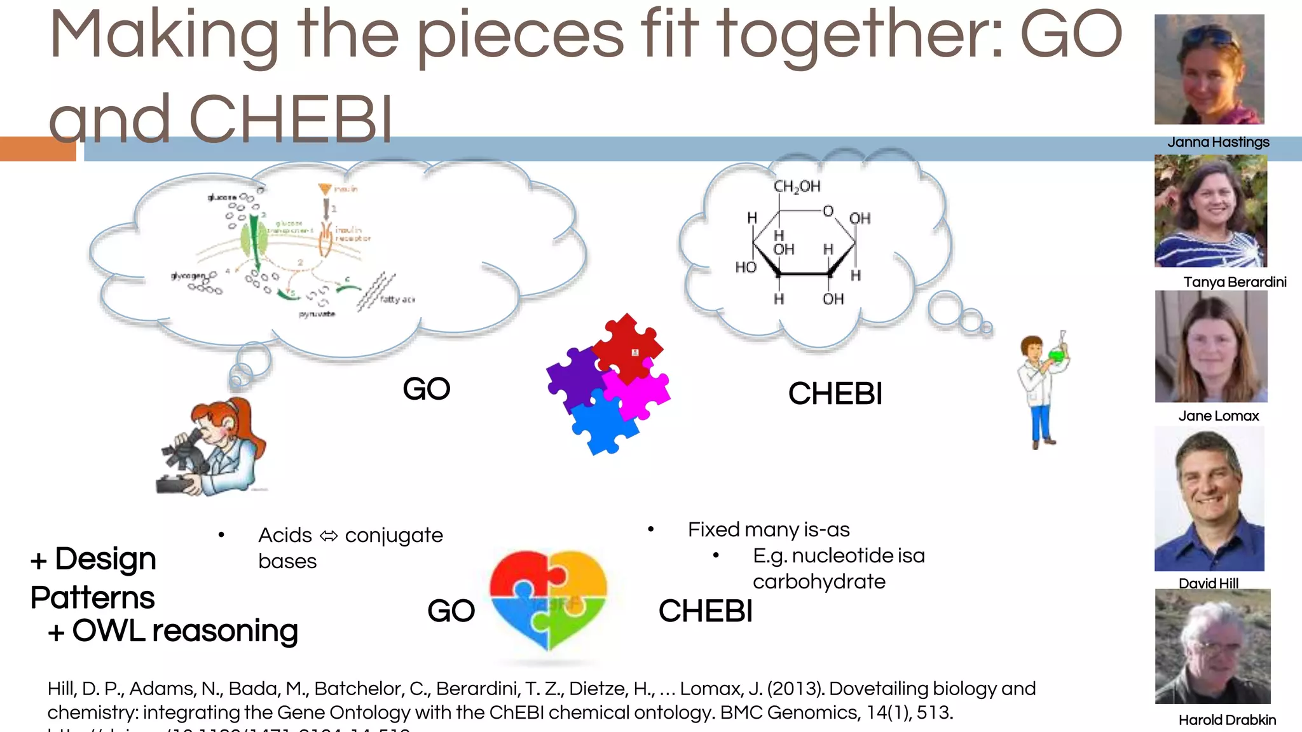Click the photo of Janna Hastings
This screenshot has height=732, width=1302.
(x=1209, y=69)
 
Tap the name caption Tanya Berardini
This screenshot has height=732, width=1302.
(x=1235, y=282)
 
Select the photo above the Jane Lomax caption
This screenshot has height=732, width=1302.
(x=1211, y=346)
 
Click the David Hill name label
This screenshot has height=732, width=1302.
(x=1208, y=583)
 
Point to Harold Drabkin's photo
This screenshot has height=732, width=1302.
(x=1212, y=646)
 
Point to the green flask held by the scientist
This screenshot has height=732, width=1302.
(x=1057, y=355)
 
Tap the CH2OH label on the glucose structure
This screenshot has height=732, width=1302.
(x=797, y=186)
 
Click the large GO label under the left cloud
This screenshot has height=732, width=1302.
(x=426, y=389)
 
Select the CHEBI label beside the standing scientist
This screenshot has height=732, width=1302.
(x=835, y=394)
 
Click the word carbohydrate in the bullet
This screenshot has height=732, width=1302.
(x=819, y=582)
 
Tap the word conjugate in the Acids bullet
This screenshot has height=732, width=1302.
(x=394, y=536)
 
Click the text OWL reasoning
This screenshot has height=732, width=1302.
(x=184, y=631)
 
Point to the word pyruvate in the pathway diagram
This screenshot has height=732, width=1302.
(x=317, y=315)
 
